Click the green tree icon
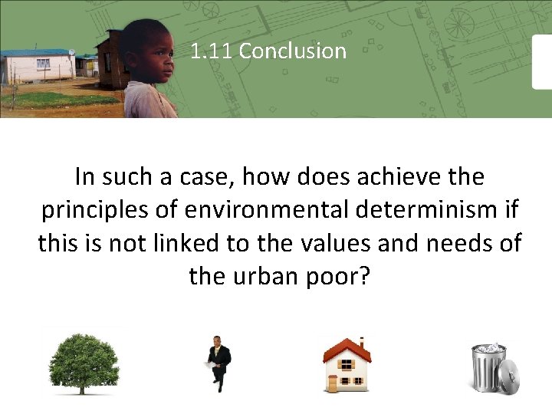pyautogui.click(x=84, y=360)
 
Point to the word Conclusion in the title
pyautogui.click(x=293, y=51)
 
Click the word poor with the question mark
pyautogui.click(x=332, y=276)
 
